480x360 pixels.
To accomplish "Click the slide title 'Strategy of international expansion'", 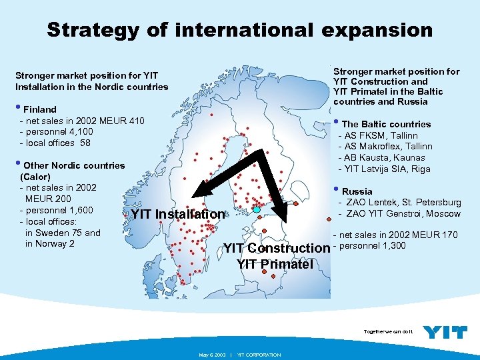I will tap(239, 30).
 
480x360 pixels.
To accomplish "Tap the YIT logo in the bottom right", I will tap(445, 332).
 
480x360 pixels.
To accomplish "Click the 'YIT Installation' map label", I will tap(178, 214).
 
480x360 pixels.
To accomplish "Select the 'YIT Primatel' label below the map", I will tap(275, 264).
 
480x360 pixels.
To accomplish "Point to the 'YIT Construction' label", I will tap(276, 248).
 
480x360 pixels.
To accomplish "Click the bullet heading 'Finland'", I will tap(40, 109).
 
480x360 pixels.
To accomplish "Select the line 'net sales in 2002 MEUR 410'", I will tap(84, 121).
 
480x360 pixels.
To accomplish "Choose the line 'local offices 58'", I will tap(58, 143).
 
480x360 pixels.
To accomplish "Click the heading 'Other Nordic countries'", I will tap(73, 165).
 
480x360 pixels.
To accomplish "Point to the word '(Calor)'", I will tap(35, 177).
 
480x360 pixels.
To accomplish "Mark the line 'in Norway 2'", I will tap(49, 243).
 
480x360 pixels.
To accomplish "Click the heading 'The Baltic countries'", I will tap(386, 124).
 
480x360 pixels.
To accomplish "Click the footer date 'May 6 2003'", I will tap(213, 355).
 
